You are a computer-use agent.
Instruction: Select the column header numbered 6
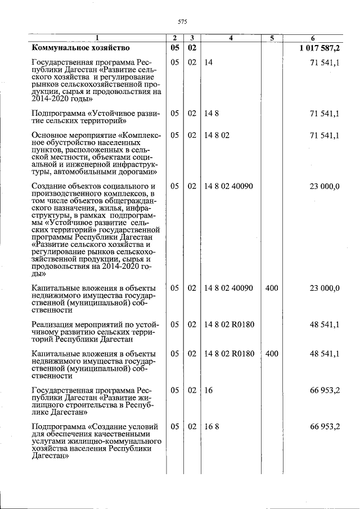pyautogui.click(x=321, y=38)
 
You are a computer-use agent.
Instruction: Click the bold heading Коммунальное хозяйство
pyautogui.click(x=81, y=48)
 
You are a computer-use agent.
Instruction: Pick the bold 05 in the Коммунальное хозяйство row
pyautogui.click(x=175, y=48)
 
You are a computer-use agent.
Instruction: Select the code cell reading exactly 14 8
pyautogui.click(x=211, y=114)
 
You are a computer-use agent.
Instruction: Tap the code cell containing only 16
pyautogui.click(x=208, y=390)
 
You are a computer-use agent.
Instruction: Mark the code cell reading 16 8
pyautogui.click(x=211, y=427)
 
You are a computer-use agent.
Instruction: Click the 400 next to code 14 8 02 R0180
pyautogui.click(x=272, y=354)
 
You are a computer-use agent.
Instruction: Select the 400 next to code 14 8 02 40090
pyautogui.click(x=272, y=288)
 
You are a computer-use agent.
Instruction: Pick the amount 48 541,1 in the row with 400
pyautogui.click(x=325, y=354)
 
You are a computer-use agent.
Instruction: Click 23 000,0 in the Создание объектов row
pyautogui.click(x=325, y=186)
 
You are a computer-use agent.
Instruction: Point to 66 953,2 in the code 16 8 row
pyautogui.click(x=325, y=427)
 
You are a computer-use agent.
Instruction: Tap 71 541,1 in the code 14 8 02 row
pyautogui.click(x=325, y=136)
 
